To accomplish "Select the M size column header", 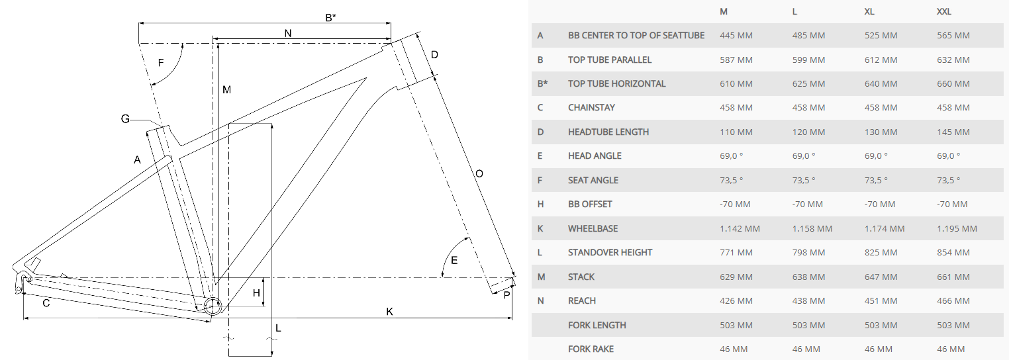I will pos(725,11).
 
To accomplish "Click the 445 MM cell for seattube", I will pos(736,36).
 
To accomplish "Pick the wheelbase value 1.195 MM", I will pos(957,229).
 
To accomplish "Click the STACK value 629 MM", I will pos(736,277).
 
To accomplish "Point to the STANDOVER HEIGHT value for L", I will pos(808,253).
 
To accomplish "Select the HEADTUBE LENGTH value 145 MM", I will pos(953,132).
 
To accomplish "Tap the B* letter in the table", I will pos(543,84).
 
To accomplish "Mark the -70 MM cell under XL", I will pos(880,204).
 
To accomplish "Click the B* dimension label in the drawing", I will pos(330,18).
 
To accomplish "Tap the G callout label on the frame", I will pos(125,119).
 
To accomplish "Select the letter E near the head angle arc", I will pos(454,261).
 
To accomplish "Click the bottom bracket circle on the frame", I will pos(213,306).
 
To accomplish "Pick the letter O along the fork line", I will pos(479,174).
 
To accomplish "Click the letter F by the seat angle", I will pos(160,64).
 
